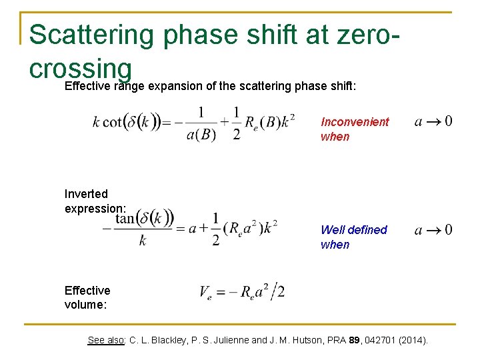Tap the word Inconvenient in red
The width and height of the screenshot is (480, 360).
pyautogui.click(x=355, y=122)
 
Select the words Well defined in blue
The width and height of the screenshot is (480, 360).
pyautogui.click(x=353, y=230)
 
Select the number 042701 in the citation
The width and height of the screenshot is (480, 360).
pyautogui.click(x=374, y=340)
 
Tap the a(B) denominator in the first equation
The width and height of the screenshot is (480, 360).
pyautogui.click(x=200, y=133)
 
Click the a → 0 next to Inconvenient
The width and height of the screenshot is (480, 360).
pyautogui.click(x=433, y=121)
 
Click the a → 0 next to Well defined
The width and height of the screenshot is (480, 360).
pyautogui.click(x=433, y=230)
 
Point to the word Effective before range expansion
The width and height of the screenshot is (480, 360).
pyautogui.click(x=87, y=86)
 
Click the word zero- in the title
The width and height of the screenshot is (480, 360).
pyautogui.click(x=359, y=35)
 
